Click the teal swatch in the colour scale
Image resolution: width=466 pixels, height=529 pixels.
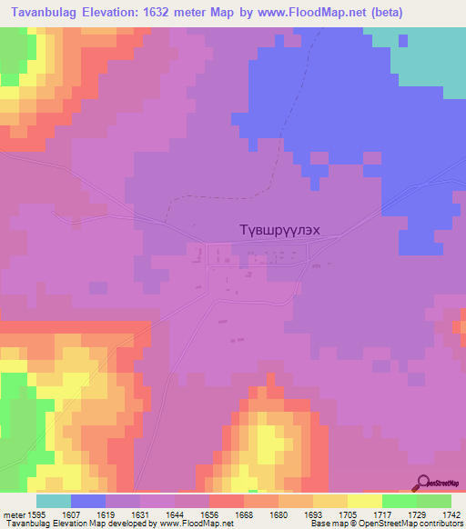coord(54,501)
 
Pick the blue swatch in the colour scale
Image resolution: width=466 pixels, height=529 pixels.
coord(88,501)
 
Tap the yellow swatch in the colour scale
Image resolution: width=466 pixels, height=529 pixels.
coord(365,501)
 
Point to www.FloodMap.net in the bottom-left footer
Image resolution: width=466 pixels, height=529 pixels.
coord(186,524)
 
